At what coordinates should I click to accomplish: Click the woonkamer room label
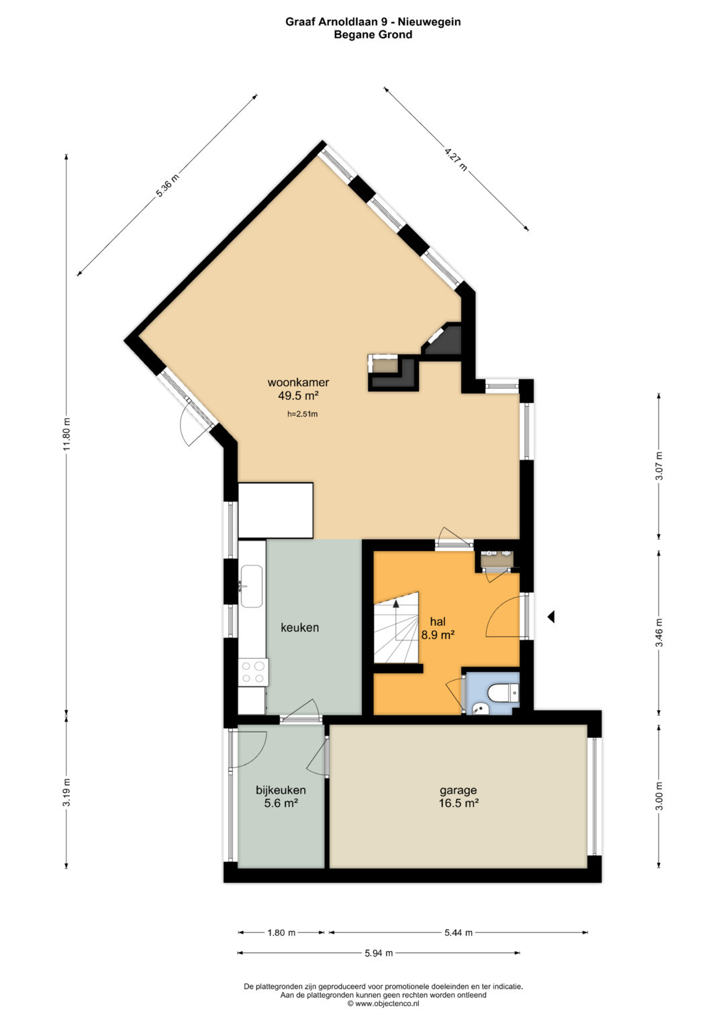[x=298, y=382]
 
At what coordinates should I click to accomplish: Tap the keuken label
[x=300, y=628]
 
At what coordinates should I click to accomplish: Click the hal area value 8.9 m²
[x=438, y=636]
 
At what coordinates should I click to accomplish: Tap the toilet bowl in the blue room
[x=502, y=694]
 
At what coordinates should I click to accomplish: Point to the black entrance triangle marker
[x=551, y=617]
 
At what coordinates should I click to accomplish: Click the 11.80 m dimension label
[x=67, y=434]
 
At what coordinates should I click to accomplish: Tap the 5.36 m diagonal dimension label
[x=167, y=186]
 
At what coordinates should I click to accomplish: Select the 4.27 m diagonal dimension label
[x=456, y=160]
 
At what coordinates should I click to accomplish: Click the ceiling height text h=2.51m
[x=302, y=414]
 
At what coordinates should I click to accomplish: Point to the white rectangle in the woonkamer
[x=275, y=510]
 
